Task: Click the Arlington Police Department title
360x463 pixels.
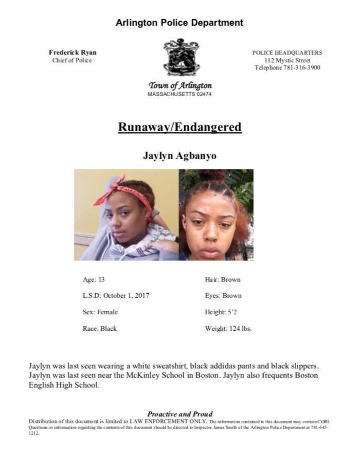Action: coord(179,23)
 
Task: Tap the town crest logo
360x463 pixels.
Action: coord(181,57)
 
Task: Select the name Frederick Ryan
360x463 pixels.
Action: coord(73,52)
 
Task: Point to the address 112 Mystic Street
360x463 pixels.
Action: coord(287,60)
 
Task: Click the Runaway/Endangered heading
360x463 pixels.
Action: coord(179,127)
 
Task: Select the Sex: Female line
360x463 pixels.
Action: coord(100,312)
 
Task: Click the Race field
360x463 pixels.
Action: coord(100,329)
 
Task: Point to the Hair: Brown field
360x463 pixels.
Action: coord(223,279)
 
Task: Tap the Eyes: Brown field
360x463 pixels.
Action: coord(223,296)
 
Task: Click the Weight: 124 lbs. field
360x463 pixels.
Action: coord(228,329)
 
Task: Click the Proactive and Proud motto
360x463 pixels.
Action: coord(179,414)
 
